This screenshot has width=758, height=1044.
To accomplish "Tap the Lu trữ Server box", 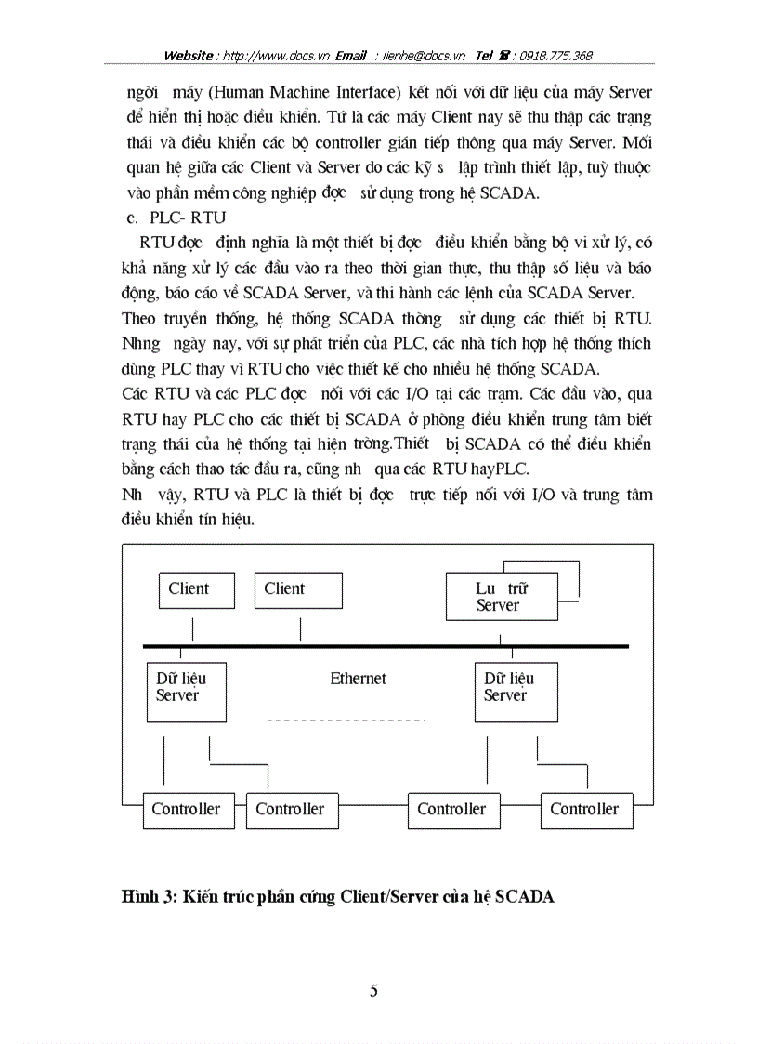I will pyautogui.click(x=502, y=597).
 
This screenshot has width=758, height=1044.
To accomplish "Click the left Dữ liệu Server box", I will pyautogui.click(x=186, y=691).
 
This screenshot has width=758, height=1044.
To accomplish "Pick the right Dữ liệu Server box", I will pyautogui.click(x=514, y=691).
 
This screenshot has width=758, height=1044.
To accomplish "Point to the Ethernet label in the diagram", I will pyautogui.click(x=358, y=679).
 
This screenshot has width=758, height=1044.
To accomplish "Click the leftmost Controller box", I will pyautogui.click(x=186, y=810).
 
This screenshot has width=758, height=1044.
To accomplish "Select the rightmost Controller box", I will pyautogui.click(x=585, y=810).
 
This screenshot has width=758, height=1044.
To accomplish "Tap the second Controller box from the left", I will pyautogui.click(x=290, y=810).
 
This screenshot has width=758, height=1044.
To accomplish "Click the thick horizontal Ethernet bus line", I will pyautogui.click(x=386, y=645).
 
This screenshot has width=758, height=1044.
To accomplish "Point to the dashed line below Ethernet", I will pyautogui.click(x=346, y=720).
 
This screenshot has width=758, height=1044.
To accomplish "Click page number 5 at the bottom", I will pyautogui.click(x=373, y=990).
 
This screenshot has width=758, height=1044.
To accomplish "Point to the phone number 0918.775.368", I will pyautogui.click(x=556, y=56).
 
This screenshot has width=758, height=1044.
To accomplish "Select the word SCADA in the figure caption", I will pyautogui.click(x=525, y=897).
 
